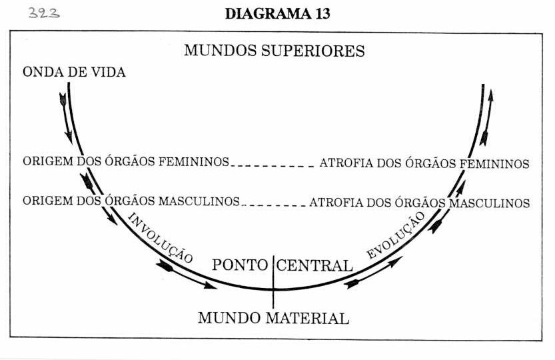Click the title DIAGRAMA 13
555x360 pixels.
click(277, 14)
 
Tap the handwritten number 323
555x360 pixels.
click(44, 13)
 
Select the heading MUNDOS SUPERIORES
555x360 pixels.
click(275, 51)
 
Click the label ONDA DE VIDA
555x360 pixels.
click(74, 72)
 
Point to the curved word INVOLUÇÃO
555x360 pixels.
click(160, 238)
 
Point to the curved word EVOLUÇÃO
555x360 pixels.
click(396, 235)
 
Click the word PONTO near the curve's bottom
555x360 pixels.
click(240, 265)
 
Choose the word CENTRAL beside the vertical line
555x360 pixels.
click(314, 265)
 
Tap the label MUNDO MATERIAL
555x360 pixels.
click(274, 318)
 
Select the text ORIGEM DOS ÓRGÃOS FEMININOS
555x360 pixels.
click(126, 161)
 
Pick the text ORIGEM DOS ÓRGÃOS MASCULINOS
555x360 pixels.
click(131, 201)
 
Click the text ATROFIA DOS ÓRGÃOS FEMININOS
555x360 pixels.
click(424, 163)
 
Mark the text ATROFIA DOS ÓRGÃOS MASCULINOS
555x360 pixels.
click(420, 203)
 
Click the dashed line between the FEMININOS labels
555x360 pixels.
click(273, 166)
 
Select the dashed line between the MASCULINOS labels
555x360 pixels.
click(274, 205)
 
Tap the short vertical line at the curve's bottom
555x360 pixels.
click(273, 282)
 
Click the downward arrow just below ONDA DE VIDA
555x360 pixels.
click(66, 118)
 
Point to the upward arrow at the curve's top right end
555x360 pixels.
click(486, 117)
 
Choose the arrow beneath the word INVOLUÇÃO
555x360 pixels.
click(187, 275)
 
